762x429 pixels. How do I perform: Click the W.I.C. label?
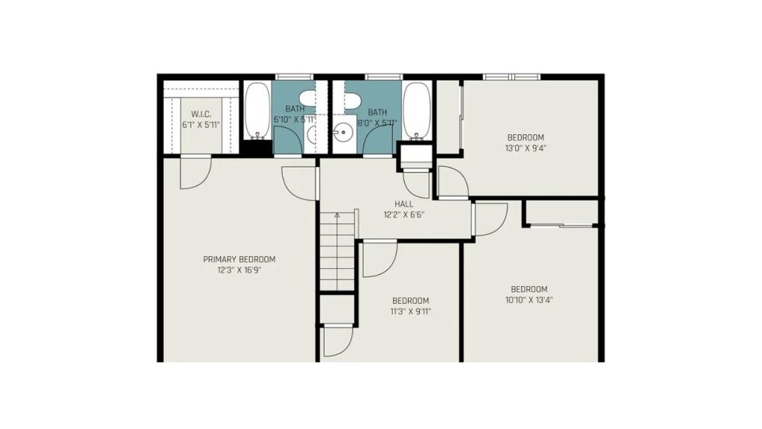[x=201, y=114]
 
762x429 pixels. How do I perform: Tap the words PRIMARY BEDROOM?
[x=239, y=259]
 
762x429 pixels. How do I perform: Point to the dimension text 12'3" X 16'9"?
[x=239, y=270]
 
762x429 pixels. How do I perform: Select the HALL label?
[x=404, y=204]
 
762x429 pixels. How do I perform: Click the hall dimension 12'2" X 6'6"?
[x=404, y=214]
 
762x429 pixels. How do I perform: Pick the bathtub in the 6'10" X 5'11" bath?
[x=257, y=110]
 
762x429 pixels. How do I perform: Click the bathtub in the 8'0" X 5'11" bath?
[x=417, y=110]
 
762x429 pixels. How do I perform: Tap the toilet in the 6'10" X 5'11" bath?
[x=308, y=98]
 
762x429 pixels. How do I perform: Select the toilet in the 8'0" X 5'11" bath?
[x=352, y=98]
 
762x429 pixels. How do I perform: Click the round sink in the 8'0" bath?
[x=344, y=131]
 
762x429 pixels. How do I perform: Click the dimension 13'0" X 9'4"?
[x=526, y=148]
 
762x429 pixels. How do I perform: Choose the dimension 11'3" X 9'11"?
[x=411, y=311]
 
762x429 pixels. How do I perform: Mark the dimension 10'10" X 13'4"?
[x=529, y=300]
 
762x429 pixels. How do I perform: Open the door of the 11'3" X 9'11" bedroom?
[x=380, y=259]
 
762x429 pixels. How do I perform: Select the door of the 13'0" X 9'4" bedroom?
[x=453, y=182]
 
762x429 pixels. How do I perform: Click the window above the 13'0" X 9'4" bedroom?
[x=511, y=77]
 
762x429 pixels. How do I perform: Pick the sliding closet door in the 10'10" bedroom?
[x=561, y=225]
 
